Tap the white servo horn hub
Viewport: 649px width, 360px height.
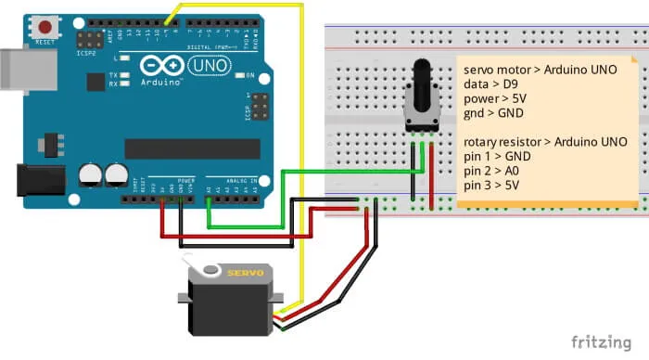point(210,272)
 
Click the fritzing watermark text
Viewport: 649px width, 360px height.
point(601,341)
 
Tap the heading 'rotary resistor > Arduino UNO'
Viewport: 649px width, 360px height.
point(546,141)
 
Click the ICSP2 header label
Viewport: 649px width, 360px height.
point(84,53)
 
